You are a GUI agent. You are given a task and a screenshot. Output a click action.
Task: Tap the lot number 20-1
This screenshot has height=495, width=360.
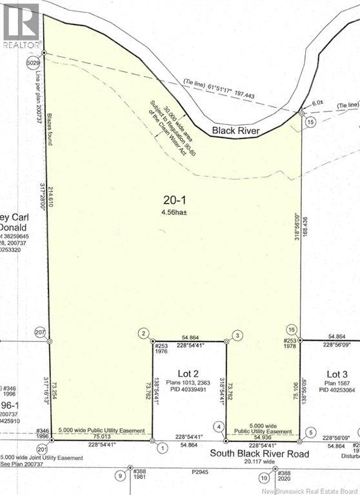pyautogui.click(x=172, y=200)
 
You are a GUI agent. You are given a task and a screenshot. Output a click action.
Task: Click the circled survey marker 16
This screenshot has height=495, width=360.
pyautogui.click(x=291, y=329)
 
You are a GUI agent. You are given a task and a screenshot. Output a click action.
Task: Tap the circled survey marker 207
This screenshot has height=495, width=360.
pyautogui.click(x=41, y=331)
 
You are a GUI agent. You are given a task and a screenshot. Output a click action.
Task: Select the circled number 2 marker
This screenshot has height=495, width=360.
pyautogui.click(x=143, y=333)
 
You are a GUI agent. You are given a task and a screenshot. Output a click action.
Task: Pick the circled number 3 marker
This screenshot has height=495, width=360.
pyautogui.click(x=237, y=335)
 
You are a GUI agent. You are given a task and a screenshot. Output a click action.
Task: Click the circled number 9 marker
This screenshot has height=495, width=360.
pyautogui.click(x=119, y=476)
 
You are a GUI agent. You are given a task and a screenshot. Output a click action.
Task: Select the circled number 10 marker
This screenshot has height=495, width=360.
pyautogui.click(x=264, y=478)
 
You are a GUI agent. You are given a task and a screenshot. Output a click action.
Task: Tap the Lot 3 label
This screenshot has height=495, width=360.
pyautogui.click(x=337, y=374)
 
